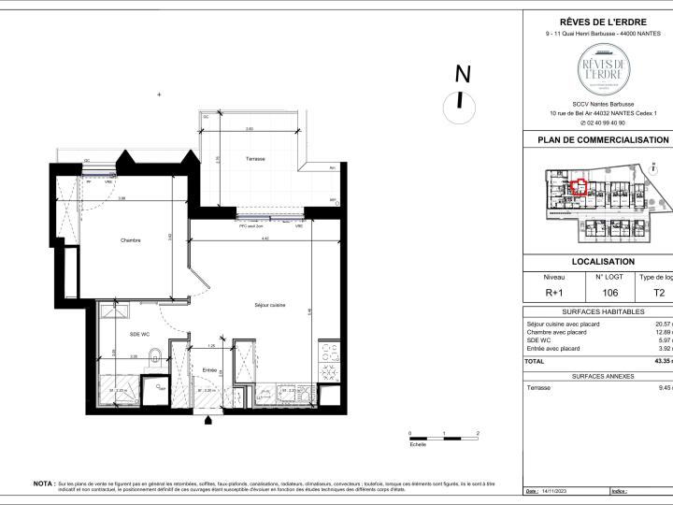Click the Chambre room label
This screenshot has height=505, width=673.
[130, 240]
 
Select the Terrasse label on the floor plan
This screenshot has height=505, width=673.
[255, 159]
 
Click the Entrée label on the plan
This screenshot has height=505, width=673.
[210, 370]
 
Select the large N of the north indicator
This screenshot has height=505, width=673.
[461, 74]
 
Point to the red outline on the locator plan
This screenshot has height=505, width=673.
[580, 186]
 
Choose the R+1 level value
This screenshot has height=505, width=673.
[554, 293]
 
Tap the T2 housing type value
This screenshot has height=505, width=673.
[659, 293]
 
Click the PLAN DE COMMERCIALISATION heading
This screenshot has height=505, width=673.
[603, 139]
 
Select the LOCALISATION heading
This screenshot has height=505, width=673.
[603, 262]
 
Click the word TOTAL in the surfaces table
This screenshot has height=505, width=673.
[534, 361]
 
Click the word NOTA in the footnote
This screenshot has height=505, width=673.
[43, 483]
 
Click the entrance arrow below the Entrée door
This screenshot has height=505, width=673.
[207, 421]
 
